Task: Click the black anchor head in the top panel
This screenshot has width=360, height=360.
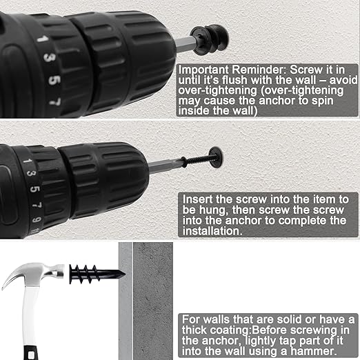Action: point(209,39)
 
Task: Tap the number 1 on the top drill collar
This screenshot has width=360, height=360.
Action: point(43,39)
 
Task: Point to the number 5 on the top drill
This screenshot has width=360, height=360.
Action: point(54,80)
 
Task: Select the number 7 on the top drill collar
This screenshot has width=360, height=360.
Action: point(55,101)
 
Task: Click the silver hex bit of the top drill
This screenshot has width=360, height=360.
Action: point(186,44)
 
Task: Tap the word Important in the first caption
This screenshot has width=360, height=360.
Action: point(203,70)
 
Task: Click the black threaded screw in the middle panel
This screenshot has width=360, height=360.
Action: point(199,159)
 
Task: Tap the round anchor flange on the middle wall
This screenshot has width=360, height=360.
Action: point(216,157)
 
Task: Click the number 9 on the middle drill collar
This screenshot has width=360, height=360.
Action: point(37,219)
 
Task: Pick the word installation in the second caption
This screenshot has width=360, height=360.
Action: point(212,231)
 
